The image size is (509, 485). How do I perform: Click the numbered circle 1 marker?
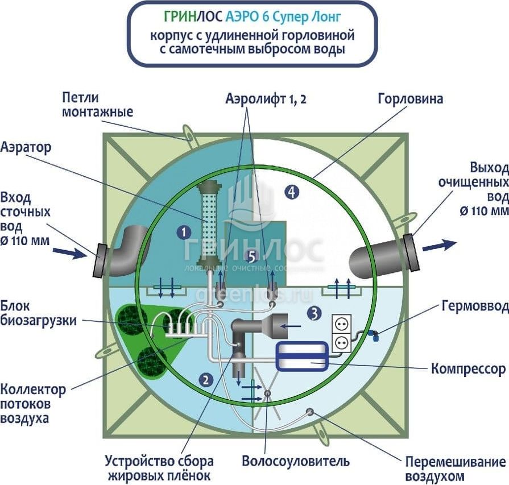[x=183, y=231]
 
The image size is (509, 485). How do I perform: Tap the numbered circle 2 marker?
[x=207, y=378]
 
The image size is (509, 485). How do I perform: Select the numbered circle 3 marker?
[x=313, y=312]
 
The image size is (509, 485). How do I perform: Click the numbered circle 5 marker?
[x=253, y=255]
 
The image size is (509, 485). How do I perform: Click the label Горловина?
[x=410, y=99]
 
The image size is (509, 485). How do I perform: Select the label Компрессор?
[x=468, y=369]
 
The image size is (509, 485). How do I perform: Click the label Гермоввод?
[x=474, y=306]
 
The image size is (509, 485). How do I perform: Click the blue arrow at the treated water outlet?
[x=439, y=245]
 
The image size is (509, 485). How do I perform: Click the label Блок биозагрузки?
[x=38, y=312]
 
